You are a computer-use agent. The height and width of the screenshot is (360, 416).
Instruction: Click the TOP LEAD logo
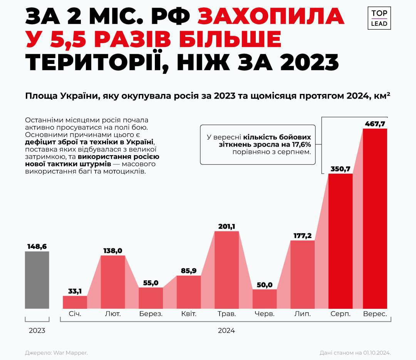pyautogui.click(x=379, y=18)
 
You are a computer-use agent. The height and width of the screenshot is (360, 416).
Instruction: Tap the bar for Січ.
pyautogui.click(x=75, y=302)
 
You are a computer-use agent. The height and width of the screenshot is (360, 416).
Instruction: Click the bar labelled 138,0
pyautogui.click(x=112, y=281)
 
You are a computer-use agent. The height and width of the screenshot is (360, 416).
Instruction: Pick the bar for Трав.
pyautogui.click(x=226, y=270)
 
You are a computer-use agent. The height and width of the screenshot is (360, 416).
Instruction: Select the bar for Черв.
pyautogui.click(x=265, y=299)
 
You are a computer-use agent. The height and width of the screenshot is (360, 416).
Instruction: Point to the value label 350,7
pyautogui.click(x=340, y=169)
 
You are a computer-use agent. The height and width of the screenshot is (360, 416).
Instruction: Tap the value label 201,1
pyautogui.click(x=226, y=226)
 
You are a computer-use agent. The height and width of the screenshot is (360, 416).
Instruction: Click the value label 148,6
pyautogui.click(x=37, y=246)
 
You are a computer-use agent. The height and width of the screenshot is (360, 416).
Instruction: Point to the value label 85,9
pyautogui.click(x=189, y=271)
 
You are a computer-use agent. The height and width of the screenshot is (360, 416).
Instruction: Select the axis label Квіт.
pyautogui.click(x=189, y=314)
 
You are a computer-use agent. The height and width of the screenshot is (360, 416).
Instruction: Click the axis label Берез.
pyautogui.click(x=151, y=314)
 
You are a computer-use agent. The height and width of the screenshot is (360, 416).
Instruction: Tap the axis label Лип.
pyautogui.click(x=302, y=314)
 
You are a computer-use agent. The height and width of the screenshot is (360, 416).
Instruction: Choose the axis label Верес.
pyautogui.click(x=375, y=314)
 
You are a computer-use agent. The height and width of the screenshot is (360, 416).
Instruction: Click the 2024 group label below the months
pyautogui.click(x=226, y=330)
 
